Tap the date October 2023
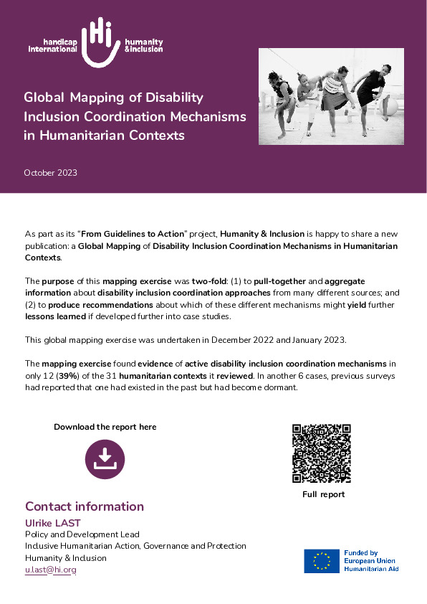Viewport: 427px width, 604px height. click(50, 173)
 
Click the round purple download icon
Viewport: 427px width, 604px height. click(105, 459)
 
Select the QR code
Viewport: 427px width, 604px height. click(322, 453)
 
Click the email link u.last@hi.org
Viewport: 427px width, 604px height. click(50, 570)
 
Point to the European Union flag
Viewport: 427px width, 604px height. click(322, 561)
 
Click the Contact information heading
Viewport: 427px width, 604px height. click(85, 506)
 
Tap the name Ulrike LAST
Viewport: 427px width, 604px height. click(53, 523)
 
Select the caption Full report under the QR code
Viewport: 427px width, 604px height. click(323, 495)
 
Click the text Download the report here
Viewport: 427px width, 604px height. click(105, 427)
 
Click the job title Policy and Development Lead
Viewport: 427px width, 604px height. click(82, 534)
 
